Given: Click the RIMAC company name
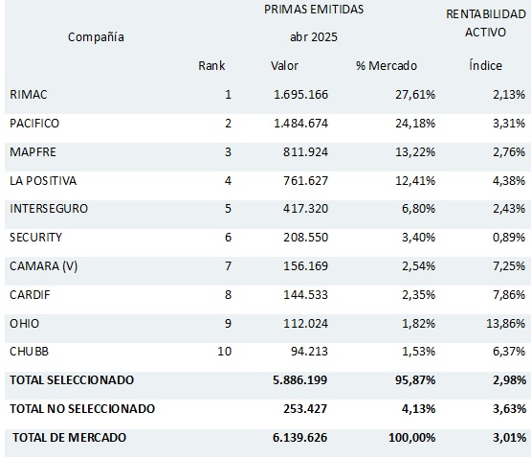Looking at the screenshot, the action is (x=29, y=95).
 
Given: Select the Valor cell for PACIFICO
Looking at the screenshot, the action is (x=301, y=123).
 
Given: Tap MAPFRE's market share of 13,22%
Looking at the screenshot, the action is (x=415, y=152).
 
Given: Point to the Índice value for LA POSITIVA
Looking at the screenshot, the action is (x=509, y=180).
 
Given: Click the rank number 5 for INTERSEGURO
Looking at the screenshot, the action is (x=228, y=208).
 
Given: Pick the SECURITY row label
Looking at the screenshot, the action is (x=36, y=238).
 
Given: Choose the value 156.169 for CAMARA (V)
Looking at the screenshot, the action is (x=305, y=265).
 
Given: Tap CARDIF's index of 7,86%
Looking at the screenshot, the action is (x=509, y=294).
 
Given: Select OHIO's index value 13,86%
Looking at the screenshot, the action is (x=506, y=323).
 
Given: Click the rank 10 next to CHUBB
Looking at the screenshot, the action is (x=225, y=351).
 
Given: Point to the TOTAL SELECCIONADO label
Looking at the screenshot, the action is (x=72, y=379).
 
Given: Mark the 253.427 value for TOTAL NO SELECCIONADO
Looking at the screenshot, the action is (x=305, y=408).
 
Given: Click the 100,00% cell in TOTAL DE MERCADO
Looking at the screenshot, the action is (x=411, y=437).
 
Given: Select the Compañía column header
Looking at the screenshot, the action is (x=96, y=37).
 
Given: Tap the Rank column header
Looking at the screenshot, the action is (x=211, y=65).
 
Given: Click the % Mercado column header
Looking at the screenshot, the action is (x=387, y=65).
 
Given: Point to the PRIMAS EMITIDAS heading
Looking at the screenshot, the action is (x=314, y=10).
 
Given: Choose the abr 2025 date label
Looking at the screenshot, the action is (x=314, y=36).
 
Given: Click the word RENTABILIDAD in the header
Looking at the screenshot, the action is (x=486, y=14).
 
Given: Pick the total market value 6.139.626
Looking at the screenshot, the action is (x=299, y=437).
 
